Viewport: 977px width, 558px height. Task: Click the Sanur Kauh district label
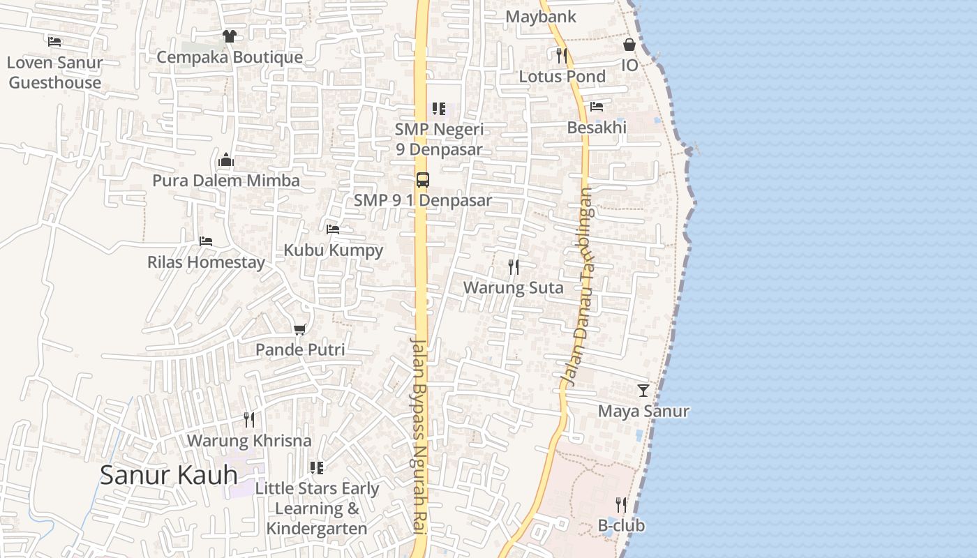coord(169,475)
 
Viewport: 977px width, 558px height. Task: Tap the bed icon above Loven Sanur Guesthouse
coord(54,42)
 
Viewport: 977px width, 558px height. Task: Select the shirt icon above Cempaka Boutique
coord(229,36)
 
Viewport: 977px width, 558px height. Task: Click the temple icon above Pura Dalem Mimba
coord(225,160)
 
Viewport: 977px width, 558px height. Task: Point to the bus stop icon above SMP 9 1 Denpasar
coord(423,179)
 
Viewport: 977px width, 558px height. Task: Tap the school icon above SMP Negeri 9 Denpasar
coord(438,109)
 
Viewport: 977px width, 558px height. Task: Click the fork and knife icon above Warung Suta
coord(514,266)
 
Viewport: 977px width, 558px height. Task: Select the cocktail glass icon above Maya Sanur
coord(643,391)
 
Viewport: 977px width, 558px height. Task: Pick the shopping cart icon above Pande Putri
coord(300,329)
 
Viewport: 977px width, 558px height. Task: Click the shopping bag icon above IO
coord(629,45)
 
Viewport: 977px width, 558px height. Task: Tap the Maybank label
coord(541,17)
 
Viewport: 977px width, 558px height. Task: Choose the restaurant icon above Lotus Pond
coord(562,55)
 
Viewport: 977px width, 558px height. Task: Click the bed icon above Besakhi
coord(597,107)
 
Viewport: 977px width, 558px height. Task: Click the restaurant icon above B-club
coord(621,504)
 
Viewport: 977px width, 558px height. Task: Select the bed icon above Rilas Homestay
coord(206,241)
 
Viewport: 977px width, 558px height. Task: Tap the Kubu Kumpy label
coord(334,250)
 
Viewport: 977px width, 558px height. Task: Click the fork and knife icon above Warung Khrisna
coord(249,419)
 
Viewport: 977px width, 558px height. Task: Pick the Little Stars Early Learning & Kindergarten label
coord(317,508)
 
